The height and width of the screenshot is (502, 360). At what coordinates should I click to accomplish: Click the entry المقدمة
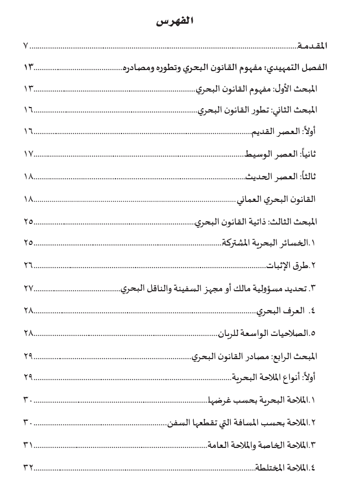click(x=313, y=46)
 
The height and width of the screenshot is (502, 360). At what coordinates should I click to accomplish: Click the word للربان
click(x=226, y=334)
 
